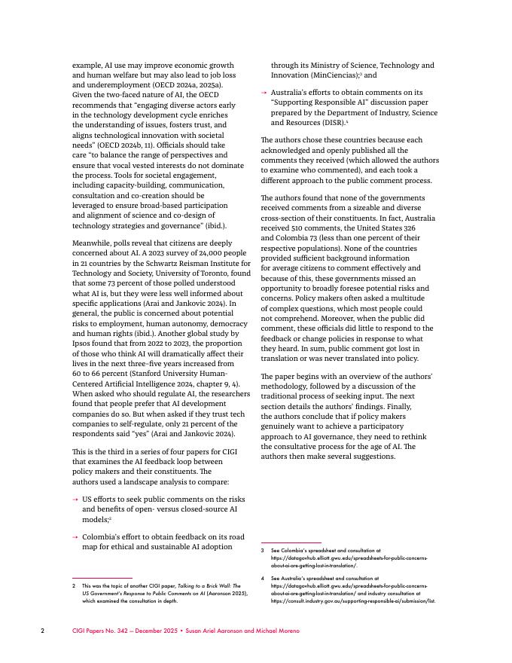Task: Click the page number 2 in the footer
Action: (x=43, y=631)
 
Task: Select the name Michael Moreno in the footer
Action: (x=276, y=631)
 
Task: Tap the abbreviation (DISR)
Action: (x=328, y=122)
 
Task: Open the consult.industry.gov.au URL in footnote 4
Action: (x=353, y=601)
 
